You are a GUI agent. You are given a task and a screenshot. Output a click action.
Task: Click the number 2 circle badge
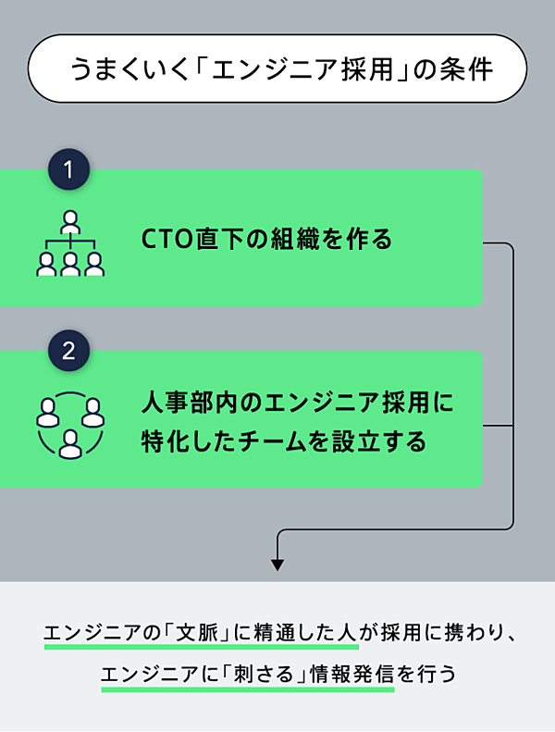click(68, 353)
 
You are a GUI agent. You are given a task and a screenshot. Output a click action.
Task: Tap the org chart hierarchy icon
click(70, 244)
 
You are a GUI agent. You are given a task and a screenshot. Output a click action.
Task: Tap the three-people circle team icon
click(70, 426)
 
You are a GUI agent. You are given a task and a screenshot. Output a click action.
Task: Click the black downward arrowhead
click(277, 564)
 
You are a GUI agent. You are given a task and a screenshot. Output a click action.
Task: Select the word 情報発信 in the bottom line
click(356, 675)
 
